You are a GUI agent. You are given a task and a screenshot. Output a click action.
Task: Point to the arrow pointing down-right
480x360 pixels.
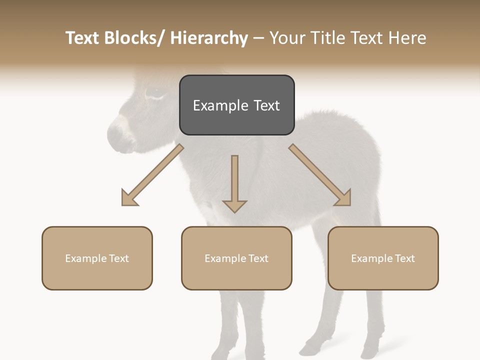(x=320, y=175)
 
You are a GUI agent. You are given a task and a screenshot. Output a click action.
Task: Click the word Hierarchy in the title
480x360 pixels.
(x=209, y=38)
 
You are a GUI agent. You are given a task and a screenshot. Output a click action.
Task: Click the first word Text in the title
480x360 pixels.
(x=83, y=38)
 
